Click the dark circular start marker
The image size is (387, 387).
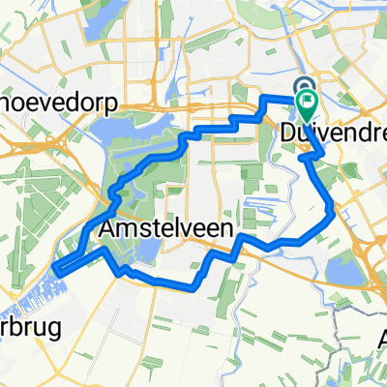[303, 89]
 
